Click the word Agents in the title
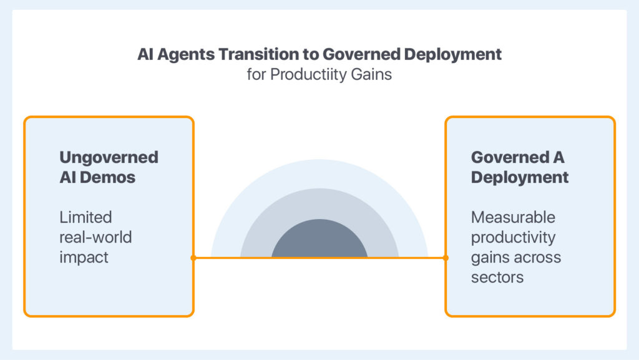pyautogui.click(x=185, y=54)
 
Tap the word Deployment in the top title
pyautogui.click(x=453, y=54)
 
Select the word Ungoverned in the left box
pyautogui.click(x=109, y=158)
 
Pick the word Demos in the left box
pyautogui.click(x=107, y=177)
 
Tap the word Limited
pyautogui.click(x=85, y=217)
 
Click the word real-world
pyautogui.click(x=95, y=237)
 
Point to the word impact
pyautogui.click(x=84, y=258)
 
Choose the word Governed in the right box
pyautogui.click(x=510, y=157)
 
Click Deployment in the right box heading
pyautogui.click(x=520, y=178)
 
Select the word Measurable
pyautogui.click(x=513, y=217)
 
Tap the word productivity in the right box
pyautogui.click(x=514, y=238)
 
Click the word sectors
pyautogui.click(x=497, y=277)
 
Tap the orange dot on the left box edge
pyautogui.click(x=193, y=258)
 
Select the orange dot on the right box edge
pyautogui.click(x=446, y=258)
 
